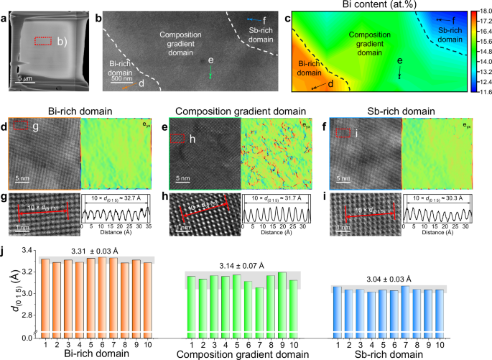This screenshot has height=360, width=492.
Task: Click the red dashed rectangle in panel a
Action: pos(44,42)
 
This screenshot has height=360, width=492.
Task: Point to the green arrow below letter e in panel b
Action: pos(210,75)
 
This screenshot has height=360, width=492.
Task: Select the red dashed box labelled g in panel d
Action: pos(20,126)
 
